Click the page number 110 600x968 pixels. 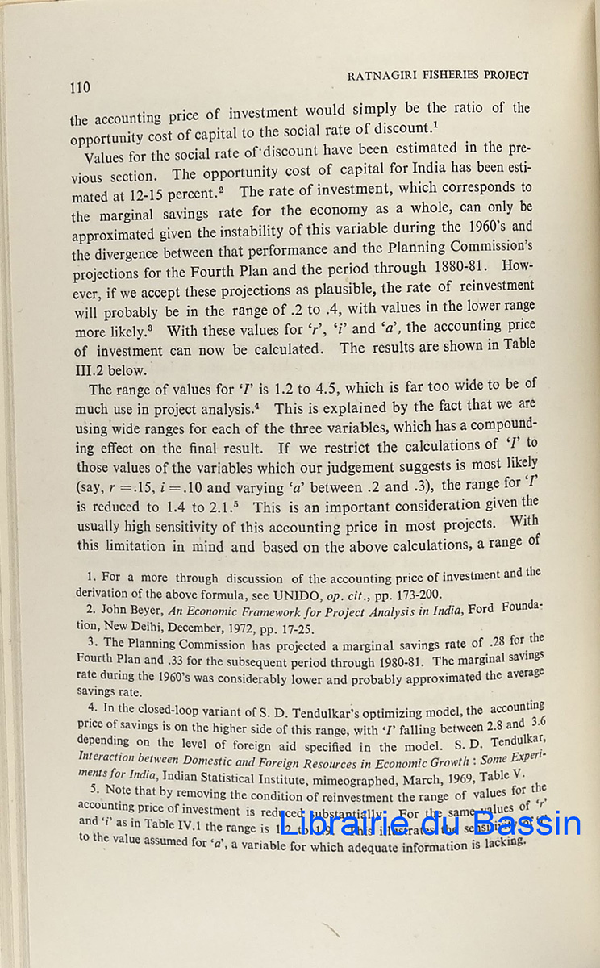(x=81, y=87)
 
